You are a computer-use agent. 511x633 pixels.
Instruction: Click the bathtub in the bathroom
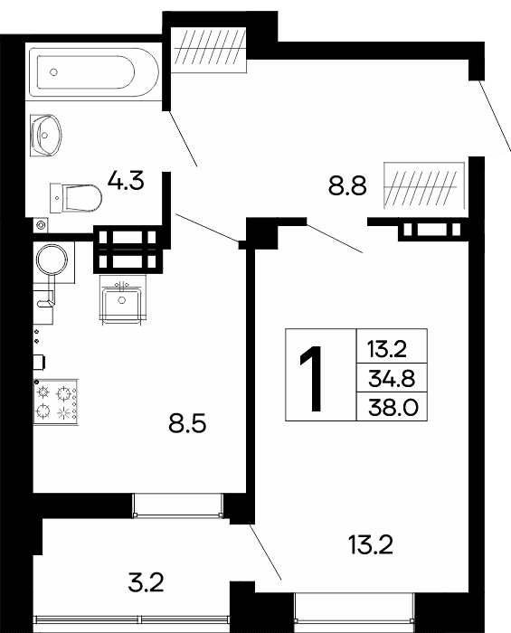click(x=94, y=72)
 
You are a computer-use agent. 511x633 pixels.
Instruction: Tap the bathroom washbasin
click(x=46, y=136)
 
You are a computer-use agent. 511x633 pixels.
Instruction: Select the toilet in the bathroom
click(x=76, y=198)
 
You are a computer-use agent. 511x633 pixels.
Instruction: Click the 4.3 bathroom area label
click(x=126, y=181)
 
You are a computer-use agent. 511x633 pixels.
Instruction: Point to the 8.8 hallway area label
click(x=347, y=186)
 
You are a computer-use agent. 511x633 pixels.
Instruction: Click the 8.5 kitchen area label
click(x=188, y=424)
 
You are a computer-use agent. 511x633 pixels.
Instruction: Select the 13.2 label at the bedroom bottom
click(x=370, y=545)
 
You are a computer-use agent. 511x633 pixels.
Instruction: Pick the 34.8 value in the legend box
click(x=392, y=379)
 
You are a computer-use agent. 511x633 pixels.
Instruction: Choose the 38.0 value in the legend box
click(x=393, y=408)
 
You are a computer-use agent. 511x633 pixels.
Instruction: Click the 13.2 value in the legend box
click(x=386, y=350)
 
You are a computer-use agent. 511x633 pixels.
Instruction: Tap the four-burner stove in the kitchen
click(x=56, y=402)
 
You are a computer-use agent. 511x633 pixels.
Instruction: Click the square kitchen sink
click(x=122, y=300)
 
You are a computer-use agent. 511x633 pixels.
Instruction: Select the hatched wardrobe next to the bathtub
click(x=209, y=49)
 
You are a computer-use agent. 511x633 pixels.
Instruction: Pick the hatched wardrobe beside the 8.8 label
click(x=424, y=185)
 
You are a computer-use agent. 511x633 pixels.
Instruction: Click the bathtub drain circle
click(x=53, y=72)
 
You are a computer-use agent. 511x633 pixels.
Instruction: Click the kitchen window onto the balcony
click(x=178, y=505)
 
